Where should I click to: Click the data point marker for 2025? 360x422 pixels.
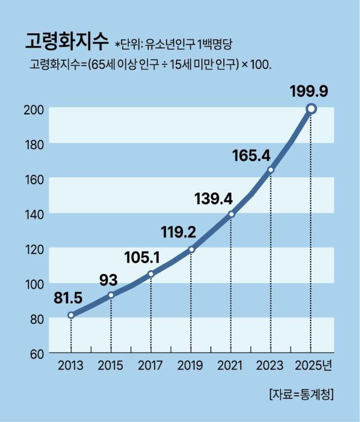(x=311, y=109)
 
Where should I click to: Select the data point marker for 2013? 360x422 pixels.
(x=71, y=315)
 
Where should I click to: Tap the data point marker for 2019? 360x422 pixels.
(x=191, y=249)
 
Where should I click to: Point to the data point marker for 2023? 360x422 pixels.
(x=271, y=169)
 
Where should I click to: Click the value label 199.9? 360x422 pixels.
(x=309, y=90)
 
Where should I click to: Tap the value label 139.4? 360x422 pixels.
(x=213, y=198)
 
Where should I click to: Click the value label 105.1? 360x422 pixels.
(x=142, y=257)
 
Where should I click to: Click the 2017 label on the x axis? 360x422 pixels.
(x=151, y=366)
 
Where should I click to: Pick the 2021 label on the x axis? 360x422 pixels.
(x=231, y=366)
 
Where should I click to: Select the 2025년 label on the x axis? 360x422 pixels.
(x=314, y=366)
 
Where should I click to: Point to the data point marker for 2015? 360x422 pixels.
(x=111, y=295)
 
